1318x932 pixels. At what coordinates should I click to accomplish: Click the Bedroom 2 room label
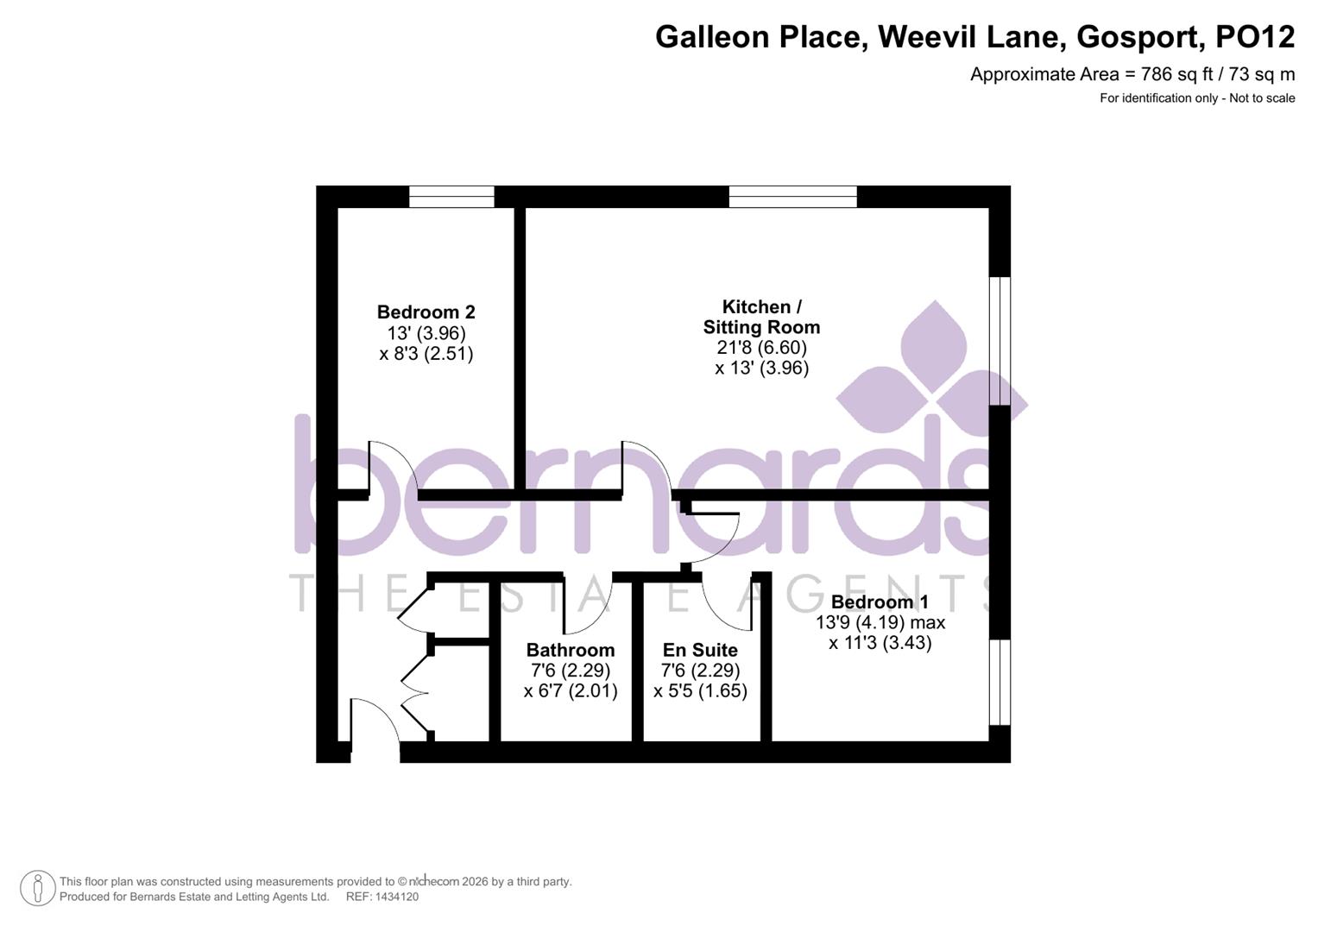coord(426,312)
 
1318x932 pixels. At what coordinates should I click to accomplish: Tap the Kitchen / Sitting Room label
coord(761,317)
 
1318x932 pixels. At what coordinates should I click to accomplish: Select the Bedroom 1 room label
coord(880,602)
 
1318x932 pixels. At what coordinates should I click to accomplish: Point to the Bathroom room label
coord(571,650)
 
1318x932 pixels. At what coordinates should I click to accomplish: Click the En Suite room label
coord(700,650)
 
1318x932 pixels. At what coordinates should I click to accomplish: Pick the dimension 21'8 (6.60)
coord(761,348)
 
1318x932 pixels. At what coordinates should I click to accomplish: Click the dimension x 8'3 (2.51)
coord(426,354)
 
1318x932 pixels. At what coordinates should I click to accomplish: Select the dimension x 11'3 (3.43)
coord(880,643)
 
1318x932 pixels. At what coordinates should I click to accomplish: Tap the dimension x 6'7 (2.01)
coord(571,691)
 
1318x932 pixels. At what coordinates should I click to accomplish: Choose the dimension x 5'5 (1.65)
coord(700,691)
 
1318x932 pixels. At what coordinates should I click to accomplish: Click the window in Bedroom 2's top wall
coord(451,197)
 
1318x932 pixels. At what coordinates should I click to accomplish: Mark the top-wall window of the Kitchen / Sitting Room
coord(792,197)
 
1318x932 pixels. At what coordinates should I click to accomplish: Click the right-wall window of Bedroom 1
coord(1000,682)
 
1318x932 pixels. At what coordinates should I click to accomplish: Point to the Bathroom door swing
coord(587,604)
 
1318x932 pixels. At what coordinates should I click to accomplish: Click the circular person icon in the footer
coord(37,888)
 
